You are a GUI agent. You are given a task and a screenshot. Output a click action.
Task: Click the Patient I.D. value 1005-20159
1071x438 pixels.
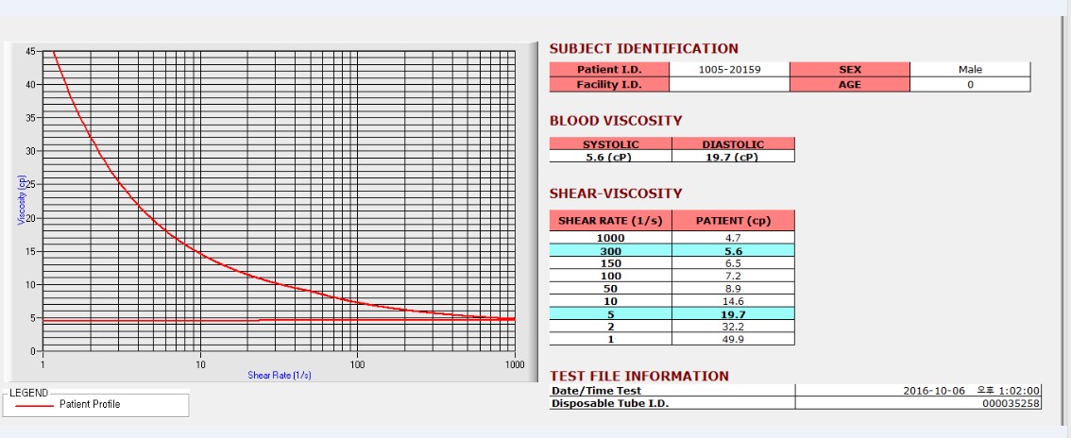coord(729,69)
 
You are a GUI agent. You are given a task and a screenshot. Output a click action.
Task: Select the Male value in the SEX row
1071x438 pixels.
coord(970,69)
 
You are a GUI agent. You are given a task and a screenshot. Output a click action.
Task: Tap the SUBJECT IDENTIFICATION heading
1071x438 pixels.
coord(644,49)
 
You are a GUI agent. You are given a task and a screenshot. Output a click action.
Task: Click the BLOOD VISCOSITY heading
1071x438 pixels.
coord(616,121)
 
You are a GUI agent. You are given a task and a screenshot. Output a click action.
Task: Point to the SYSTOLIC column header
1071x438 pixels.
coord(610,144)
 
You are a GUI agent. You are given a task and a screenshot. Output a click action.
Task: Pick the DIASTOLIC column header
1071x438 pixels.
coord(733,144)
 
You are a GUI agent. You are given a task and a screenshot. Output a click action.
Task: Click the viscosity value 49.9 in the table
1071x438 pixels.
coord(733,339)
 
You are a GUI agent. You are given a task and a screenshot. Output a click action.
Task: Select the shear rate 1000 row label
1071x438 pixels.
coord(610,238)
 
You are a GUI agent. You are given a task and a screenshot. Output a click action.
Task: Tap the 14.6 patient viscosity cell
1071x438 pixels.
coord(733,301)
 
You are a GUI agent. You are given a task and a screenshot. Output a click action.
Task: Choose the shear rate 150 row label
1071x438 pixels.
coord(610,263)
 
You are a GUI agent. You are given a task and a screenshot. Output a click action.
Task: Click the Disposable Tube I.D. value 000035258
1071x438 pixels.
coord(1011,404)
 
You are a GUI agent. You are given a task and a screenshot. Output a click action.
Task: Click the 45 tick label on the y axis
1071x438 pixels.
coord(31,51)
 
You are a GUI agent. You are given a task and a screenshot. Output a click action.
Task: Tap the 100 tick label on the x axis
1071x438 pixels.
coord(357,363)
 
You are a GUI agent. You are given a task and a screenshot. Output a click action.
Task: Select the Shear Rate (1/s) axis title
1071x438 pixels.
coord(280,375)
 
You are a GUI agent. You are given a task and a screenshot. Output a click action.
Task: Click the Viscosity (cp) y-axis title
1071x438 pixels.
coord(20,198)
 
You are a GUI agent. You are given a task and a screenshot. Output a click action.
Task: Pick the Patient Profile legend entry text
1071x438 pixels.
coord(90,404)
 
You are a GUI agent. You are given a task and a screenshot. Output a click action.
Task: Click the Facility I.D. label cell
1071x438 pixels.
coord(609,85)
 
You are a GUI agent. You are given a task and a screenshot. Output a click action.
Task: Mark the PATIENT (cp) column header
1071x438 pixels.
coord(733,221)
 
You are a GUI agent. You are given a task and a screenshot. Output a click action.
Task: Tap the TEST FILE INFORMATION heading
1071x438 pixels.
coord(639,376)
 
